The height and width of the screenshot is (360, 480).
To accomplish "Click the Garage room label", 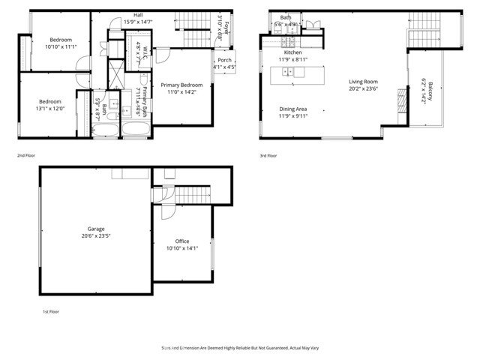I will pyautogui.click(x=95, y=229).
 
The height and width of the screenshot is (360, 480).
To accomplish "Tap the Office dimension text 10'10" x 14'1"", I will pyautogui.click(x=183, y=248).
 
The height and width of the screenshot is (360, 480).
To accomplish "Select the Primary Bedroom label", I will pyautogui.click(x=181, y=85).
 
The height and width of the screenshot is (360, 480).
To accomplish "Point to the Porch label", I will pyautogui.click(x=224, y=61).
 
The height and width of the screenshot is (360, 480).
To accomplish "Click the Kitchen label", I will pyautogui.click(x=292, y=52).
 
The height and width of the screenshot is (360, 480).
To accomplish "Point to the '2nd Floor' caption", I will pyautogui.click(x=26, y=155).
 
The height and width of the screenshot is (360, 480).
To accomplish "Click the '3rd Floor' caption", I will pyautogui.click(x=269, y=155).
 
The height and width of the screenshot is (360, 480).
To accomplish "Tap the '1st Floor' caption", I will pyautogui.click(x=50, y=310).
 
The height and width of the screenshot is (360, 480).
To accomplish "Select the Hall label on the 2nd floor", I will pyautogui.click(x=138, y=15).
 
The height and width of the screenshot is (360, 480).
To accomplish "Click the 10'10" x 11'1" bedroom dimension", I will pyautogui.click(x=60, y=46).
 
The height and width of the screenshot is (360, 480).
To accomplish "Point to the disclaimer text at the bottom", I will pyautogui.click(x=239, y=348).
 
